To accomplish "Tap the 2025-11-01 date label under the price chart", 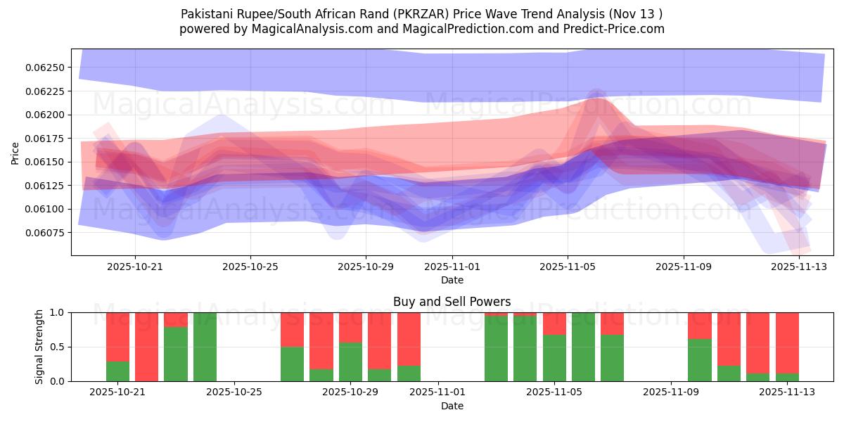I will click(x=452, y=267).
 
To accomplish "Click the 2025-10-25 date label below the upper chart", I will click(x=250, y=267).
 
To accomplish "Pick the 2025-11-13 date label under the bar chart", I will click(x=787, y=392).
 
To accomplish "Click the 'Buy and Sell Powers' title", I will click(x=452, y=302).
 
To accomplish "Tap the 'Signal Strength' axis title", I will click(x=39, y=346).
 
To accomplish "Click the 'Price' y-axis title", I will click(x=15, y=153).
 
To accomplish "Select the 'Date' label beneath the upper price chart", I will click(x=452, y=280).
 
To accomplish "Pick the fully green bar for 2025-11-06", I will click(x=583, y=347).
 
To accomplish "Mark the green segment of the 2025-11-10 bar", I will click(x=699, y=360).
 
